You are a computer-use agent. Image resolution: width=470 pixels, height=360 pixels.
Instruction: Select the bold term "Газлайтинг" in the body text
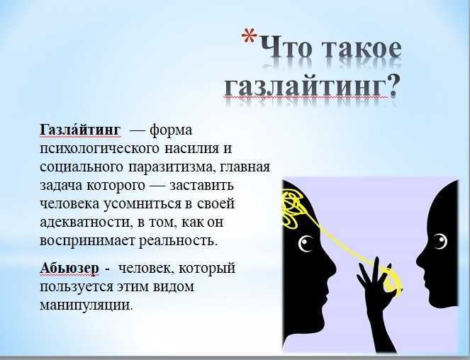80,130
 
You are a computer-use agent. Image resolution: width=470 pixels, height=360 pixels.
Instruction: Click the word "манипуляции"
86,306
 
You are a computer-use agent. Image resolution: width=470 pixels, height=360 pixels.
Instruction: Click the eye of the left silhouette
307,245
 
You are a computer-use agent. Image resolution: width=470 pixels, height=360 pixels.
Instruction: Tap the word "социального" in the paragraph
79,167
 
